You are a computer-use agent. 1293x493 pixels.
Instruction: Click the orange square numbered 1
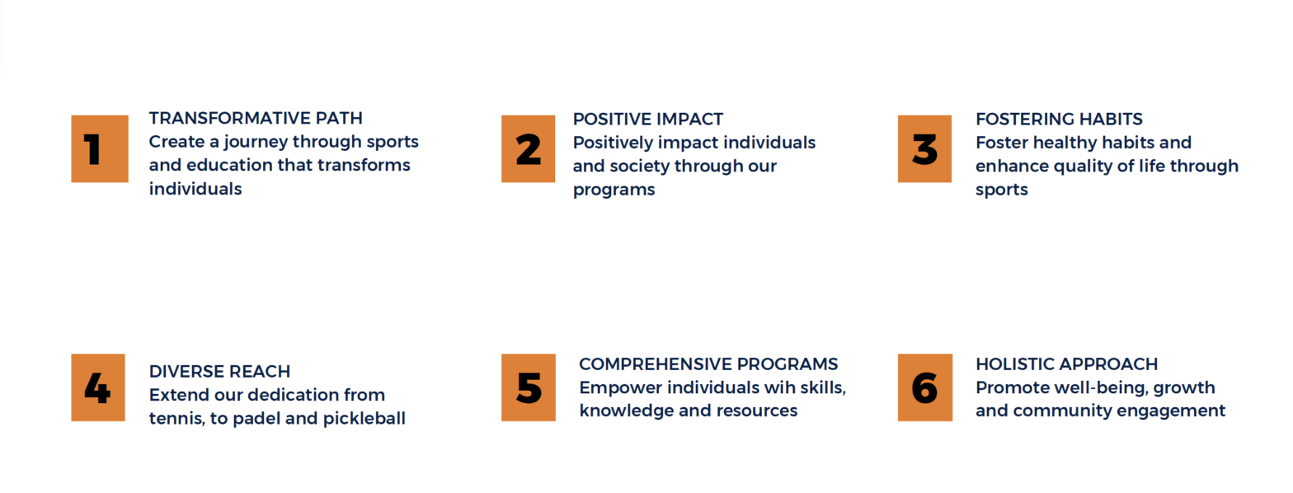[x=100, y=149]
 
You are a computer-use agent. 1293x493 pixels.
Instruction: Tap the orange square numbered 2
[x=528, y=149]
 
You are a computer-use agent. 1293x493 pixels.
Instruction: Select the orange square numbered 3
[x=924, y=149]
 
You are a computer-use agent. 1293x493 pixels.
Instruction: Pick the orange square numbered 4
[x=98, y=387]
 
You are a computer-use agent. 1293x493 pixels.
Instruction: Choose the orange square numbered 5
[x=528, y=387]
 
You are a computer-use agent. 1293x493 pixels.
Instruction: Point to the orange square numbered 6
[x=924, y=387]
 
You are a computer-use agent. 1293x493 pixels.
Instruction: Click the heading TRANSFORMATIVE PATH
[x=256, y=118]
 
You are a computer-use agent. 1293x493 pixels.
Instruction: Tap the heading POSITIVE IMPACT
[x=647, y=119]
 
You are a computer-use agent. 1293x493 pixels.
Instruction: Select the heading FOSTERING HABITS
[x=1059, y=119]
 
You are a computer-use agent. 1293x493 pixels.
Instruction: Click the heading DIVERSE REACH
[x=219, y=371]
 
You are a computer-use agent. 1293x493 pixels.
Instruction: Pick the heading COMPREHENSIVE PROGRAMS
[x=708, y=364]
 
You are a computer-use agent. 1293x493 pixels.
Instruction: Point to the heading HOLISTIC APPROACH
[x=1067, y=364]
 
